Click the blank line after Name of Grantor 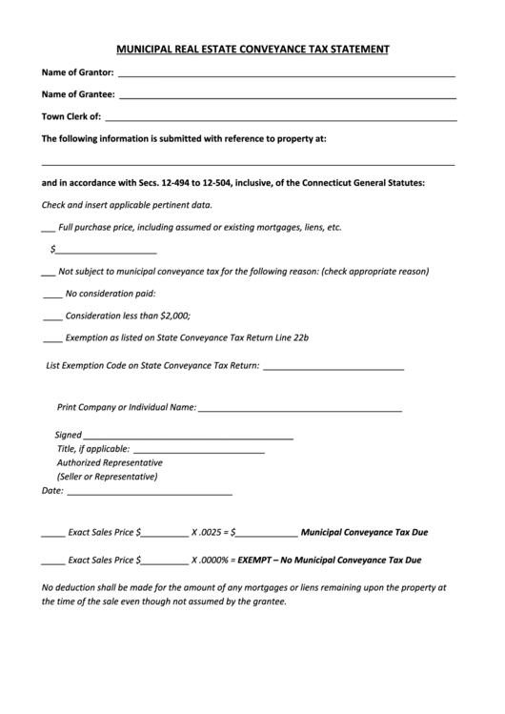[x=286, y=74]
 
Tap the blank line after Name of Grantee [x=288, y=96]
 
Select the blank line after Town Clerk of [x=279, y=118]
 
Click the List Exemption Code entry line [x=333, y=368]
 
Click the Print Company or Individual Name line [x=300, y=410]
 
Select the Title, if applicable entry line [x=200, y=451]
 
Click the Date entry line [x=150, y=494]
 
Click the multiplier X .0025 [x=208, y=535]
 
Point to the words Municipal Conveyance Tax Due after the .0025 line [x=365, y=535]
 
